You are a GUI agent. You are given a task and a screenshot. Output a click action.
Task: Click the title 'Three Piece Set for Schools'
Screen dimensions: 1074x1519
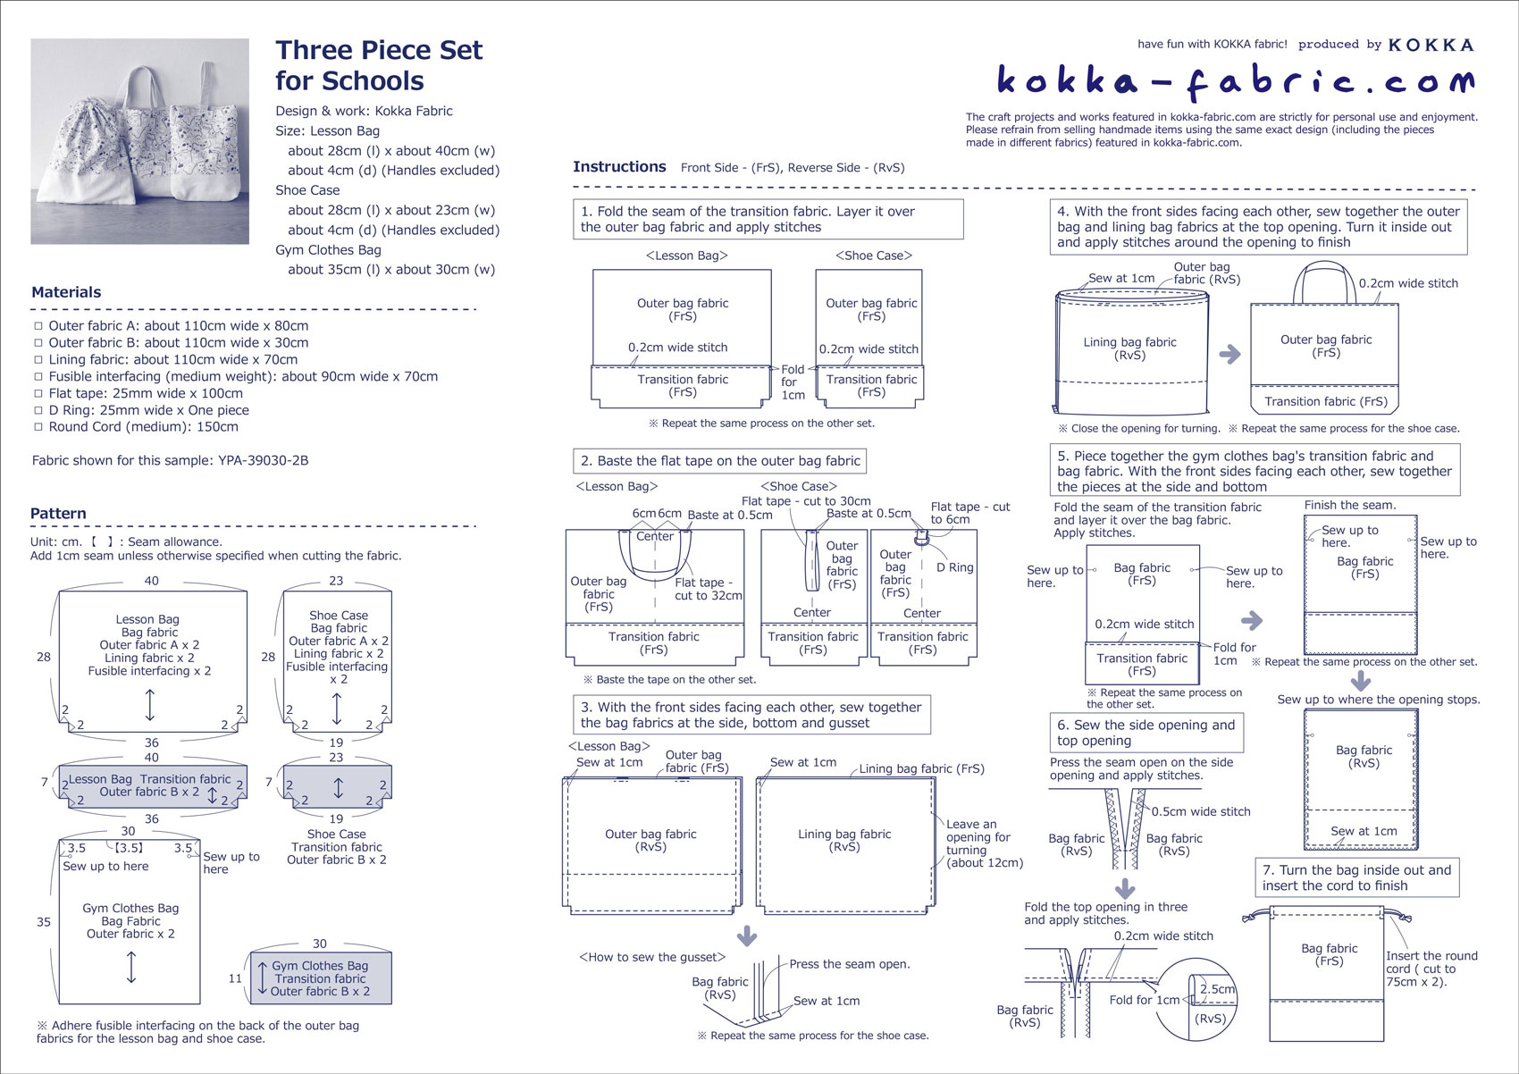point(379,65)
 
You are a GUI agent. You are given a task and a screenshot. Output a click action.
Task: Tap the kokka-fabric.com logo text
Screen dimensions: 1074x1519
point(1236,81)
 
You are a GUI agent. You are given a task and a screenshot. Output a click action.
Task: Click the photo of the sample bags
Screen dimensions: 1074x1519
point(140,141)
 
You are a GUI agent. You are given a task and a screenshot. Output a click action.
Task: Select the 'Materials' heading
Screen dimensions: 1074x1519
point(66,292)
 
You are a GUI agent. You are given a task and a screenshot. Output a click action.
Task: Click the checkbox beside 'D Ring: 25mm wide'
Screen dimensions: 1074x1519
point(38,411)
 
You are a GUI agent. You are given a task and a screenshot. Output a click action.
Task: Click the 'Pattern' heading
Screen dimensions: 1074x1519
point(58,514)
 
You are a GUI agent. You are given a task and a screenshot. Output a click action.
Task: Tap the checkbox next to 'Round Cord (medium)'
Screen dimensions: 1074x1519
point(38,428)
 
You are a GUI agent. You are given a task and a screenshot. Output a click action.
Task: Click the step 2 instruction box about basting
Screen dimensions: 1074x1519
point(719,461)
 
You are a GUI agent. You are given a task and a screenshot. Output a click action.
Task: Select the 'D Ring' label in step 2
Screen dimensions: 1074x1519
point(954,567)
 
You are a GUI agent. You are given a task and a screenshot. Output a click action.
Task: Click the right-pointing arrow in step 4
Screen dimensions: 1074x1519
point(1230,354)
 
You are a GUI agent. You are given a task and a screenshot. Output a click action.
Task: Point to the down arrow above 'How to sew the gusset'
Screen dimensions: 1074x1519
point(747,936)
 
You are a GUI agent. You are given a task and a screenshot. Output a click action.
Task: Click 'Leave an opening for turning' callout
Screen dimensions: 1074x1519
point(984,843)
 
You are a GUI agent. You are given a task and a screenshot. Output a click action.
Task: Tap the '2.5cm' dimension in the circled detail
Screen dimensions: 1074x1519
point(1217,989)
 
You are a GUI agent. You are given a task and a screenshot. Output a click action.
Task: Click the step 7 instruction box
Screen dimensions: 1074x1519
point(1356,877)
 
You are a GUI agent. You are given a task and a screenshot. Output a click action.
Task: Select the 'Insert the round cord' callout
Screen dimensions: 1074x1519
point(1431,969)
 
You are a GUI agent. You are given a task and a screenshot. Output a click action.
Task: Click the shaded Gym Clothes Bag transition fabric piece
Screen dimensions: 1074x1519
point(321,978)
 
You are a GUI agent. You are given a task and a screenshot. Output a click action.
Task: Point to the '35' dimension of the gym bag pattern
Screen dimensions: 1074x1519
point(44,922)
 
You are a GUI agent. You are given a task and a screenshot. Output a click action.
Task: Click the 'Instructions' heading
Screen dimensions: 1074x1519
point(619,167)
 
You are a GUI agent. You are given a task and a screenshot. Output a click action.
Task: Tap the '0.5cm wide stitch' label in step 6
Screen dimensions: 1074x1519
point(1201,812)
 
